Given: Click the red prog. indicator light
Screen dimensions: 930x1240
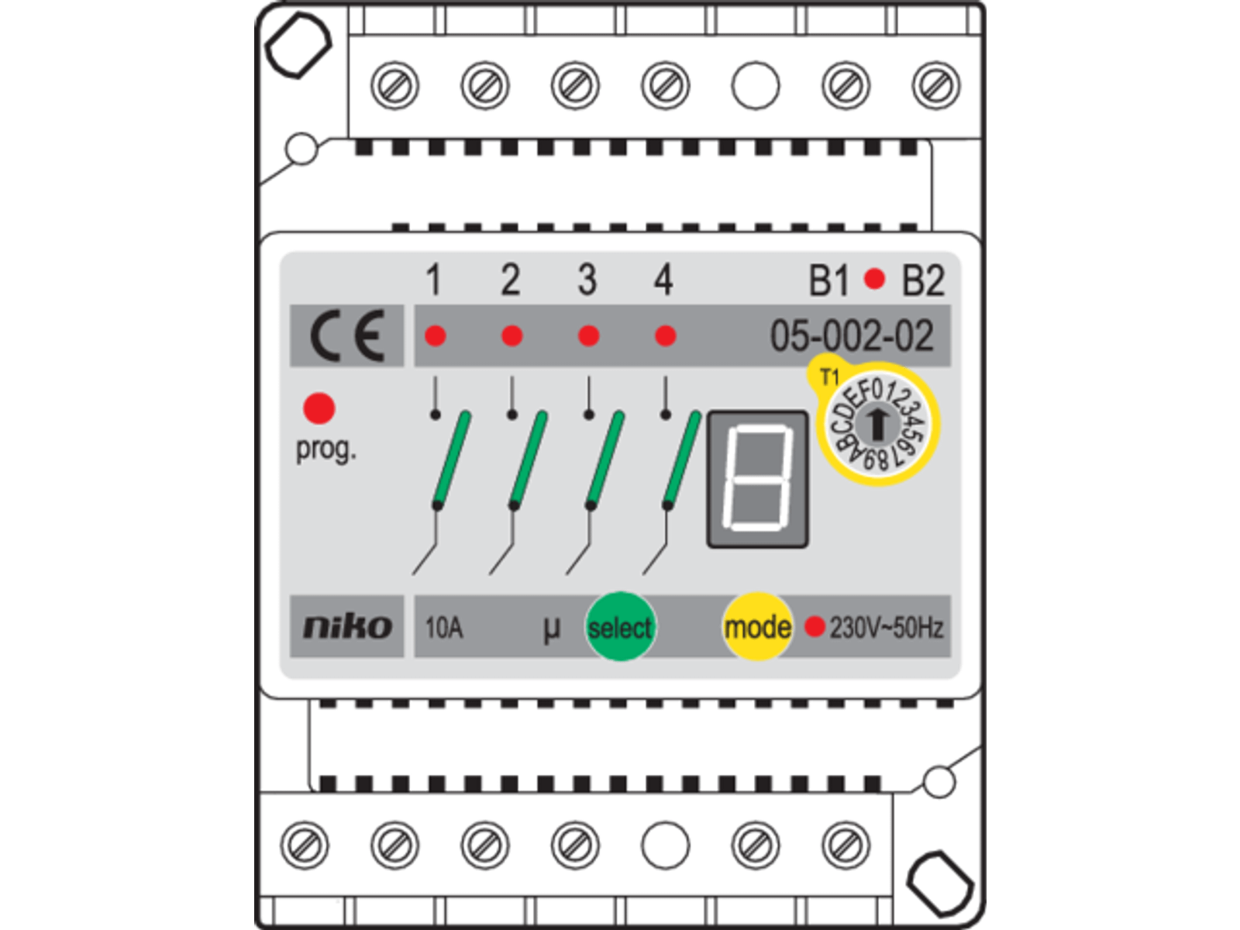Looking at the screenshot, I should pyautogui.click(x=319, y=408).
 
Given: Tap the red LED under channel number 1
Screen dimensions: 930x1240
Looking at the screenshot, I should pyautogui.click(x=436, y=336).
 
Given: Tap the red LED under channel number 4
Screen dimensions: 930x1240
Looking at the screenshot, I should pyautogui.click(x=665, y=336).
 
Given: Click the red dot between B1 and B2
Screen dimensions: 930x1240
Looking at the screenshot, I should pyautogui.click(x=874, y=279).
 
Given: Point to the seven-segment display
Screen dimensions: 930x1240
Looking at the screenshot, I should pyautogui.click(x=757, y=479).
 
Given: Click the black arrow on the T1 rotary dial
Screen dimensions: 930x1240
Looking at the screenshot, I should pyautogui.click(x=878, y=423).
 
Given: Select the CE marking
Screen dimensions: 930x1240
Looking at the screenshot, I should pyautogui.click(x=346, y=336).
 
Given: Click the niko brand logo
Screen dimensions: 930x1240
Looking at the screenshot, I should pyautogui.click(x=346, y=626).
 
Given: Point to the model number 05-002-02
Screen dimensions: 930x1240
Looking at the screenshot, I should pyautogui.click(x=851, y=336).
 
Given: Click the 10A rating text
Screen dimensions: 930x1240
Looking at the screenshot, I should pyautogui.click(x=443, y=627).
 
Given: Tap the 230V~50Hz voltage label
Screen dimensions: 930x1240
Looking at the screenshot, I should pyautogui.click(x=887, y=627).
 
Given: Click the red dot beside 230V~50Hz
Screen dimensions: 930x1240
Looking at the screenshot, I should pyautogui.click(x=814, y=626).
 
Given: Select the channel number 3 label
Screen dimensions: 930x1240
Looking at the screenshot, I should pyautogui.click(x=587, y=280).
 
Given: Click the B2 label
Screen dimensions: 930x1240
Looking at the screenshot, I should pyautogui.click(x=922, y=281).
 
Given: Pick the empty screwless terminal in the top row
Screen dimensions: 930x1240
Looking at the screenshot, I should pyautogui.click(x=755, y=85).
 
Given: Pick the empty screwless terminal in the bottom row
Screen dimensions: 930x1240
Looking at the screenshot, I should pyautogui.click(x=665, y=845).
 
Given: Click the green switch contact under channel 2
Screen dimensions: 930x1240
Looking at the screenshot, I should pyautogui.click(x=529, y=460).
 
